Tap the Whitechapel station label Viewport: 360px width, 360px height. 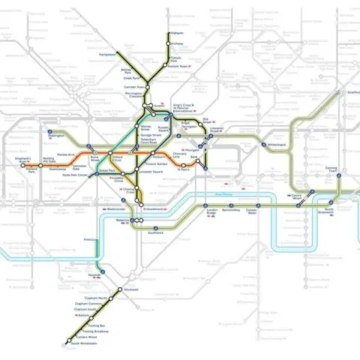(275, 144)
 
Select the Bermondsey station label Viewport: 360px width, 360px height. (231, 211)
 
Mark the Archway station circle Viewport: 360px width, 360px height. (169, 43)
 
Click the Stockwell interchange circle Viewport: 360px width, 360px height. (119, 289)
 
